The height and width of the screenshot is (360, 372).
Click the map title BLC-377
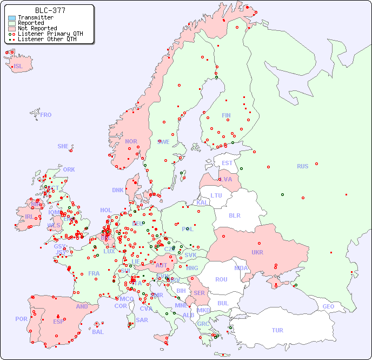50,10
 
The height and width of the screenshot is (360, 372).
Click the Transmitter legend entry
35,17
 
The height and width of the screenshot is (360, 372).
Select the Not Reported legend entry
37,28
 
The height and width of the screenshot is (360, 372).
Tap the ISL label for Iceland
18,67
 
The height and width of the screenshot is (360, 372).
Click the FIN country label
226,115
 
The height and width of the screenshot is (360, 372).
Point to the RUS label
302,166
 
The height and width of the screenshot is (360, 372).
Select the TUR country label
277,330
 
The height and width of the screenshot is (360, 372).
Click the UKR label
257,252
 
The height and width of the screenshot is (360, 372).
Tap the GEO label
328,306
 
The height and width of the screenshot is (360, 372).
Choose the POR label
21,319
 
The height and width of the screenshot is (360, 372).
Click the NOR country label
131,141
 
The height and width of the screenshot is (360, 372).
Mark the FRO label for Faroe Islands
46,115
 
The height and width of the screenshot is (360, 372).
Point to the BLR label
234,215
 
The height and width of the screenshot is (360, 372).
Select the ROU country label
221,279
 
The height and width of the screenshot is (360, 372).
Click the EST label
227,163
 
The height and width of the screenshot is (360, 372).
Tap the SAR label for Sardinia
142,320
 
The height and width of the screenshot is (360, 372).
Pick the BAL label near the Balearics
97,332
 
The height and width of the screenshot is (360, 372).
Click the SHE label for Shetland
63,146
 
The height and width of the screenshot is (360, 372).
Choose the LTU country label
216,195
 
